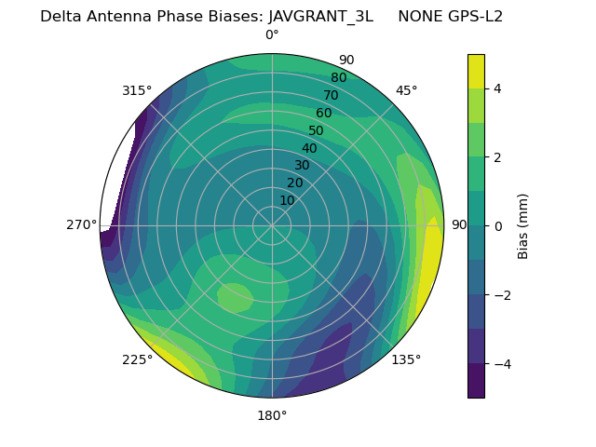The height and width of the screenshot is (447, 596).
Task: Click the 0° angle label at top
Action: pyautogui.click(x=272, y=35)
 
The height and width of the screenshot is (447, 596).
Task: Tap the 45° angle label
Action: pyautogui.click(x=406, y=90)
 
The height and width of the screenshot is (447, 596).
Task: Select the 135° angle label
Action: pyautogui.click(x=406, y=359)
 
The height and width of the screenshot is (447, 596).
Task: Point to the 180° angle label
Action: pyautogui.click(x=272, y=415)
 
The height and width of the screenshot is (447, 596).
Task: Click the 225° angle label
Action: pyautogui.click(x=137, y=359)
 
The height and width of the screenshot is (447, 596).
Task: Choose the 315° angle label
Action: pyautogui.click(x=137, y=90)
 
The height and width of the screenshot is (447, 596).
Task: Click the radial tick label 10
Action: pyautogui.click(x=287, y=200)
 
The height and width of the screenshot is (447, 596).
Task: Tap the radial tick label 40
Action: pyautogui.click(x=309, y=148)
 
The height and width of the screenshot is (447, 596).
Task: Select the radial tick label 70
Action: pyautogui.click(x=331, y=95)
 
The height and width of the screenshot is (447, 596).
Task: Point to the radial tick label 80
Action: pyautogui.click(x=338, y=77)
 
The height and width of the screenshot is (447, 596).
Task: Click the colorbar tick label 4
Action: pyautogui.click(x=497, y=88)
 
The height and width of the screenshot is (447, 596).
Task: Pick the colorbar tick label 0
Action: pyautogui.click(x=497, y=225)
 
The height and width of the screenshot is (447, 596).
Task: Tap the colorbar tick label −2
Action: pyautogui.click(x=500, y=294)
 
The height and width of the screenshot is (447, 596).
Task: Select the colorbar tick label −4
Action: pyautogui.click(x=500, y=363)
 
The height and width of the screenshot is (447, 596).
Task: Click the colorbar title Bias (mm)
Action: pyautogui.click(x=523, y=225)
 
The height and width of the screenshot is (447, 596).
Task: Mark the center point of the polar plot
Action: pyautogui.click(x=272, y=225)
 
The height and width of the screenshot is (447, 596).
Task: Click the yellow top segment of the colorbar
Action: pyautogui.click(x=476, y=71)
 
